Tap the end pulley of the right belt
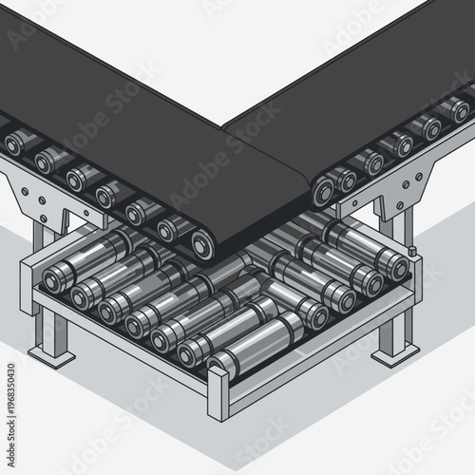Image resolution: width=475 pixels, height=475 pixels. pyautogui.click(x=324, y=189)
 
